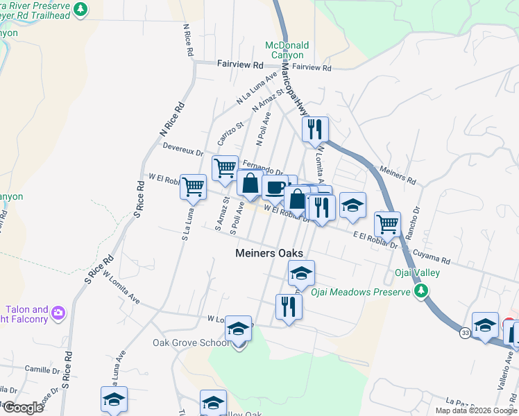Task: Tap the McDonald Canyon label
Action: point(287,50)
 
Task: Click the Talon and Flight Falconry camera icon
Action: point(58,312)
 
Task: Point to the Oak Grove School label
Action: point(190,343)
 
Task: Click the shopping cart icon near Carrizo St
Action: point(225,168)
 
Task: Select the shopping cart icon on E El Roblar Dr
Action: point(387,223)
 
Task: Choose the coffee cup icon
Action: point(275,187)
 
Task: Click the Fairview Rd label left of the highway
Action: point(240,64)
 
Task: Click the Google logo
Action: point(22,408)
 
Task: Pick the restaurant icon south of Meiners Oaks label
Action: point(289,305)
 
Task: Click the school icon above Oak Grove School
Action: point(239,328)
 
